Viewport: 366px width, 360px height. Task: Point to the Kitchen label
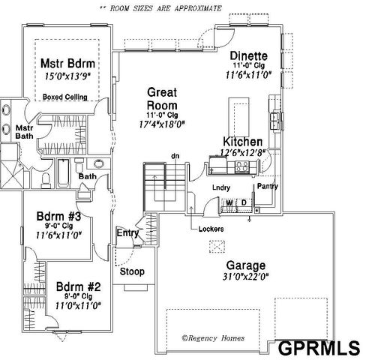coord(242,142)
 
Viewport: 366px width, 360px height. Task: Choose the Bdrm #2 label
coord(77,286)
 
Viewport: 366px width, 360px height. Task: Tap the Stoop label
coord(133,271)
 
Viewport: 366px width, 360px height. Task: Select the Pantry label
coord(268,185)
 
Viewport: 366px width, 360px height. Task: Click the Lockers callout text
coord(211,228)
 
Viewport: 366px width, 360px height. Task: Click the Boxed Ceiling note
coord(65,97)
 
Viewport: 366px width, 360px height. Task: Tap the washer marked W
coord(228,202)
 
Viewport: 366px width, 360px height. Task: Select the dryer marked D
coord(243,202)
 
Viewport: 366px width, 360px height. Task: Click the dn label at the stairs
coord(175,156)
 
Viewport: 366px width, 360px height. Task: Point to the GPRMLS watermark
coord(318,347)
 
